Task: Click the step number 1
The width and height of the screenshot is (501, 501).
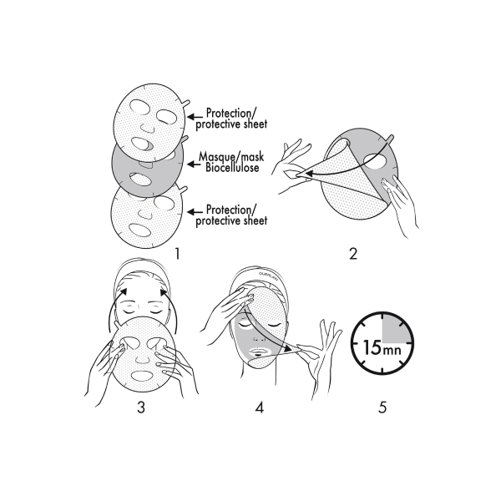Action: point(177,254)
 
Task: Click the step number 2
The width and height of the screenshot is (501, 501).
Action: point(353,254)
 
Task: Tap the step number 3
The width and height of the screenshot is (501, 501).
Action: point(141,407)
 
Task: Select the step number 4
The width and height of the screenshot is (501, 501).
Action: point(260,407)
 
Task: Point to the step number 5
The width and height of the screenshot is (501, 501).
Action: point(382,407)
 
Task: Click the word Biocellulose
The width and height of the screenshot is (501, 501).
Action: point(232,168)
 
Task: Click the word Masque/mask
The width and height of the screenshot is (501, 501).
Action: point(231,157)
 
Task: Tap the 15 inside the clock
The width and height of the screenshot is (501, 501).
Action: point(372,348)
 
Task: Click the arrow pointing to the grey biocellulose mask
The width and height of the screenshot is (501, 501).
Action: point(194,164)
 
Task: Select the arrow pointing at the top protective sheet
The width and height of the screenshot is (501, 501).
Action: point(195,117)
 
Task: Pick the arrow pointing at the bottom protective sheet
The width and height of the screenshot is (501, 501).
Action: point(195,211)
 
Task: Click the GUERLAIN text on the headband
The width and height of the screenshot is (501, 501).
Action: point(268,275)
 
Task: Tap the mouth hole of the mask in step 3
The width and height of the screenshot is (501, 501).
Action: point(142,376)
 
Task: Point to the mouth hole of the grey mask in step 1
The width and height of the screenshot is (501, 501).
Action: point(140,180)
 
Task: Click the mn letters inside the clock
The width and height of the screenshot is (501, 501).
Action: point(391,351)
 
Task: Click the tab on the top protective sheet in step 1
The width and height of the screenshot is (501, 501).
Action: point(186,104)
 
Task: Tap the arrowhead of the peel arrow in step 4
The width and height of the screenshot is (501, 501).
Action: point(289,349)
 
